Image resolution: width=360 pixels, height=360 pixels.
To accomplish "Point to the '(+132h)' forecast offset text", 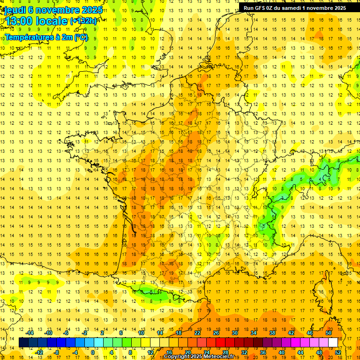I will coord(83,21).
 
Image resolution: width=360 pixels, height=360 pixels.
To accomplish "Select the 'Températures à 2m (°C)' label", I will coord(46,37).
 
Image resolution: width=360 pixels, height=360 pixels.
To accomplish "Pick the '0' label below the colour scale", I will coord(93,352).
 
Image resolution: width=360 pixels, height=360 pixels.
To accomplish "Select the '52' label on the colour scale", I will coord(338,352).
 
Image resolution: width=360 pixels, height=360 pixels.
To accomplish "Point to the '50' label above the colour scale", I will coord(329,333).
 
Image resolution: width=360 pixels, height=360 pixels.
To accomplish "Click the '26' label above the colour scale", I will coord(216,333).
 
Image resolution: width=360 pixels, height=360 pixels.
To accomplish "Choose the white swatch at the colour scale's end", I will coord(333,343).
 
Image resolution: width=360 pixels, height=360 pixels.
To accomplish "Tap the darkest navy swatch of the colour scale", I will coord(24,343).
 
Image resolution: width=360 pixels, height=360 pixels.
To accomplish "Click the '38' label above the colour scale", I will coord(272,333).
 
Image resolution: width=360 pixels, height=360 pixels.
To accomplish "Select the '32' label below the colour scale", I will coord(244,352).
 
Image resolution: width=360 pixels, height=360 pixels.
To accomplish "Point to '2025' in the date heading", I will coord(92,9).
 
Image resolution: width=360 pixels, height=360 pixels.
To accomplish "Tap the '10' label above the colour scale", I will coord(141,333).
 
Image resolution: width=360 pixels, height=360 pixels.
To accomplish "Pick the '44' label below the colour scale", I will coord(300,352).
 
